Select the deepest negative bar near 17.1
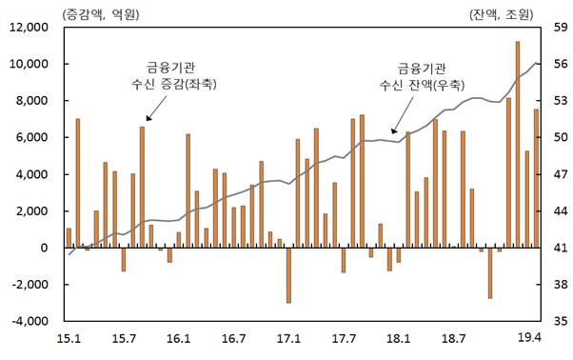tap(288, 275)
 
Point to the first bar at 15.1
tap(69, 238)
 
